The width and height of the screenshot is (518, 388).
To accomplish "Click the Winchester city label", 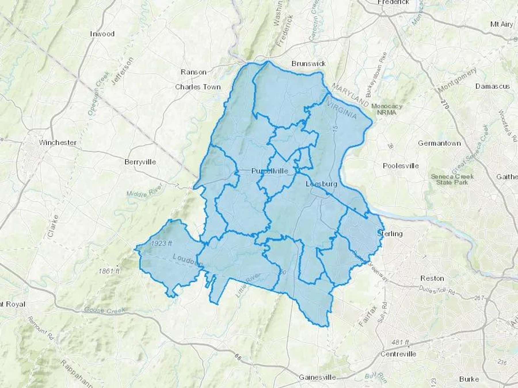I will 58,142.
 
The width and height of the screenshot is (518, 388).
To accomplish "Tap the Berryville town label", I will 140,162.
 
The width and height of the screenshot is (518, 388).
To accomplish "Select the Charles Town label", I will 198,87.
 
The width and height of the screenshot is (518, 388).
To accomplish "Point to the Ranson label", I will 193,72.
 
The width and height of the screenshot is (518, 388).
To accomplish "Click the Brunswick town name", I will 308,64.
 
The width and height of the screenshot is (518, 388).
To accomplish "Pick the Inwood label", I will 102,34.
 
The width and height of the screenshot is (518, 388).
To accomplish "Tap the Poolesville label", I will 401,166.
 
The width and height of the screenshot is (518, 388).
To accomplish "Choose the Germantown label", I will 439,143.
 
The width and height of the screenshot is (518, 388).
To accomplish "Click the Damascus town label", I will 492,86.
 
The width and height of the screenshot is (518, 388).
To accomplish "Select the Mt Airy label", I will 501,24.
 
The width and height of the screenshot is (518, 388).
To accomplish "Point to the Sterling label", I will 390,234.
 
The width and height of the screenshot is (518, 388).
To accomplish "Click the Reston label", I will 432,278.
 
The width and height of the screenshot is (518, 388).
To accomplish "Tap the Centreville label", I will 398,354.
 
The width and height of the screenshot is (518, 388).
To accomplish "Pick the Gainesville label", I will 317,377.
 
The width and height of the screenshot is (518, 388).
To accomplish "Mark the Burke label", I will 469,379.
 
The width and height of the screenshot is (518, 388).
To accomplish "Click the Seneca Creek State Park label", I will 452,179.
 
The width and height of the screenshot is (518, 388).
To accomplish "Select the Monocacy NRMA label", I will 386,109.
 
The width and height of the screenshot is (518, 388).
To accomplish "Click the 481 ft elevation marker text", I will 400,342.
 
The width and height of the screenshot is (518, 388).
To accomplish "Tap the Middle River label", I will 145,191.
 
